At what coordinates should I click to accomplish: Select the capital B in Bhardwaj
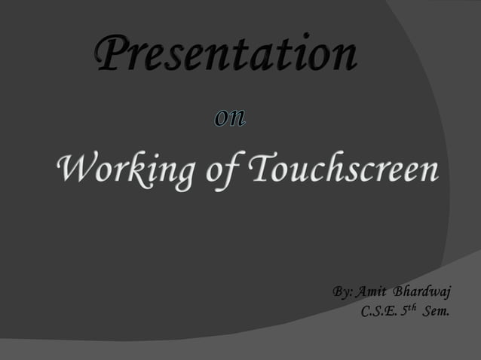click(x=400, y=291)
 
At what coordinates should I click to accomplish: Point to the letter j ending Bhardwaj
click(x=447, y=293)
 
